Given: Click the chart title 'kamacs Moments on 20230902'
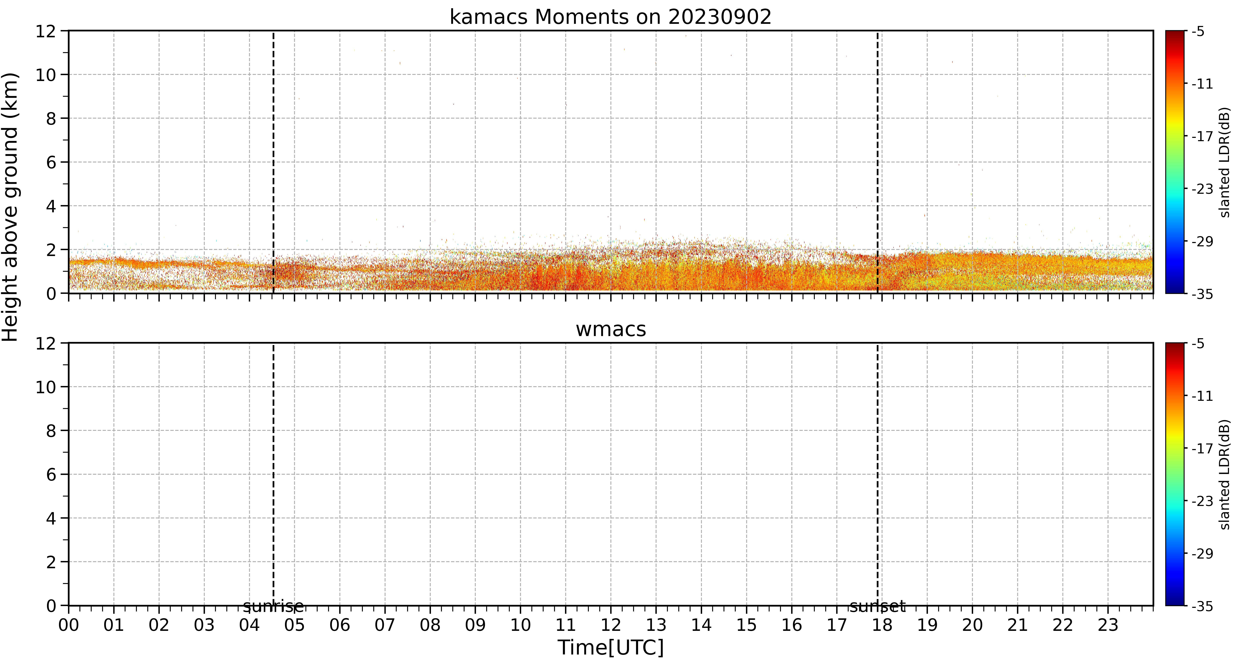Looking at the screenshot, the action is coord(610,17).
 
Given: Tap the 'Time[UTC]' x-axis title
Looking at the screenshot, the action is coord(610,648).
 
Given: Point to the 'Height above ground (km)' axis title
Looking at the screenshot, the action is coord(10,207).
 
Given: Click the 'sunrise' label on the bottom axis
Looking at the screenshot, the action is coord(273,606).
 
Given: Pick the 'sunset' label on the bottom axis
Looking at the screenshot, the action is coord(877,606).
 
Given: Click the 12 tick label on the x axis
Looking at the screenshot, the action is coord(610,625).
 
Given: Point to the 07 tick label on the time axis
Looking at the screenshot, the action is coord(385,625).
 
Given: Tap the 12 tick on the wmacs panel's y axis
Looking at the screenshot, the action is coord(46,344).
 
